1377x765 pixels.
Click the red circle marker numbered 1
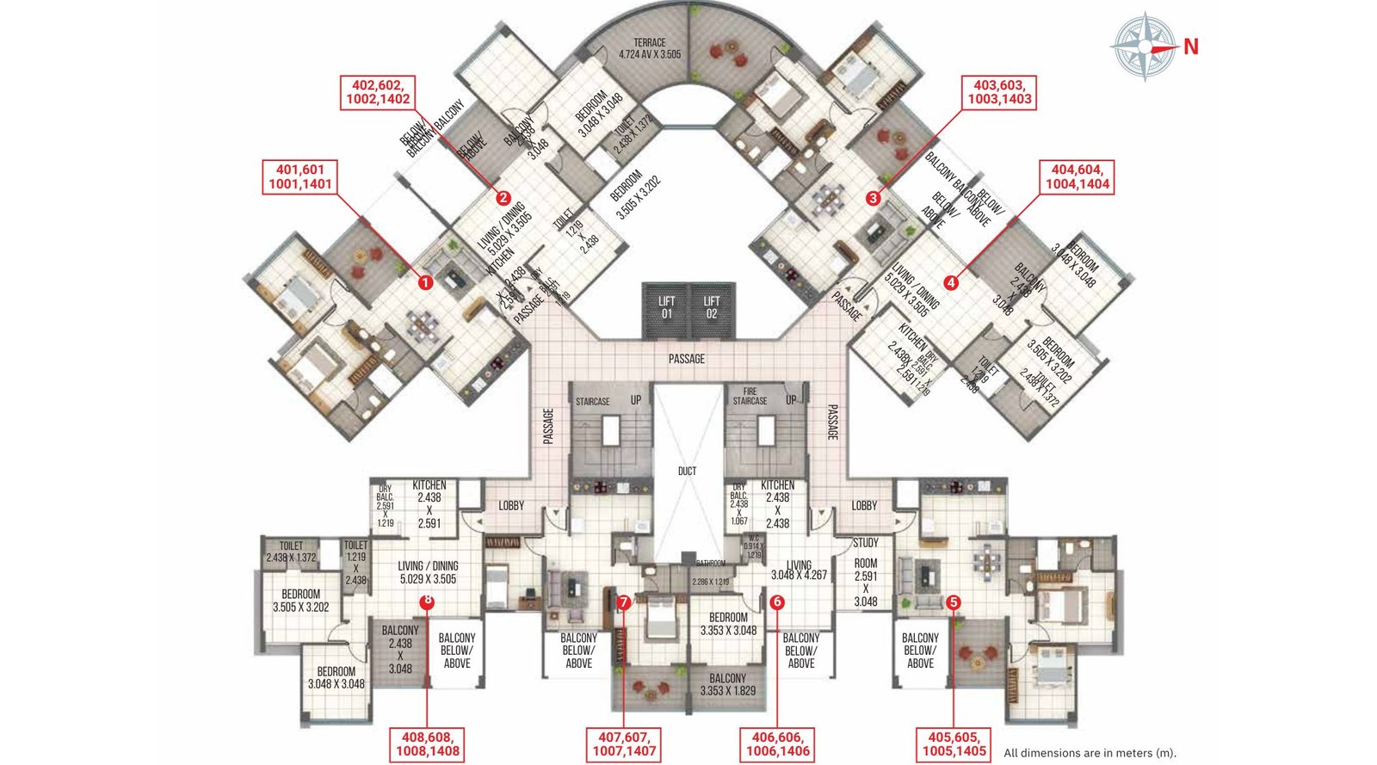pyautogui.click(x=423, y=281)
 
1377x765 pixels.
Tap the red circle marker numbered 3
pyautogui.click(x=874, y=199)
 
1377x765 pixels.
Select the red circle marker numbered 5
pyautogui.click(x=953, y=602)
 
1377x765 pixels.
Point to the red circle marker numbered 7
pyautogui.click(x=624, y=602)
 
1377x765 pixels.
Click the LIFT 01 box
pyautogui.click(x=666, y=308)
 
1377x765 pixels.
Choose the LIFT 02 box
pyautogui.click(x=712, y=308)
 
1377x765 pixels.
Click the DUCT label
pyautogui.click(x=687, y=472)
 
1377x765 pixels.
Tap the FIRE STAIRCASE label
pyautogui.click(x=750, y=396)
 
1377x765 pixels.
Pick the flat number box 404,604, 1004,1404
pyautogui.click(x=1078, y=176)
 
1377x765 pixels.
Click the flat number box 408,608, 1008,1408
pyautogui.click(x=428, y=743)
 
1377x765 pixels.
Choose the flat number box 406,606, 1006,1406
pyautogui.click(x=777, y=743)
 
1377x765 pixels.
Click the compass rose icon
pyautogui.click(x=1144, y=46)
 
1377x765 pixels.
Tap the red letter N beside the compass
pyautogui.click(x=1191, y=47)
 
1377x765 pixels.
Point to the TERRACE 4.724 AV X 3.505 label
pyautogui.click(x=650, y=48)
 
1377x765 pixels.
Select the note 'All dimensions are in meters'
pyautogui.click(x=1090, y=753)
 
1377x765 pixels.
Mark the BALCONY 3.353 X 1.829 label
pyautogui.click(x=728, y=684)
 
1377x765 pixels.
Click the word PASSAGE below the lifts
pyautogui.click(x=687, y=359)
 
